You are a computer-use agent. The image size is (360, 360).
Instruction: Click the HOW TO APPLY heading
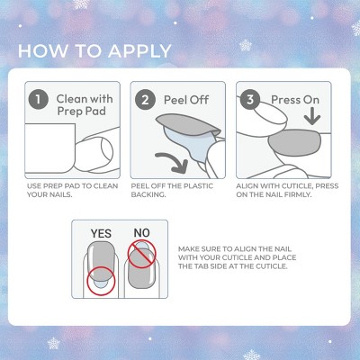click(x=94, y=51)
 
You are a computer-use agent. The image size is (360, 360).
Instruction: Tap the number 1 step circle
click(x=38, y=99)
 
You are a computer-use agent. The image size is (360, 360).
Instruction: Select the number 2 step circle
click(x=145, y=100)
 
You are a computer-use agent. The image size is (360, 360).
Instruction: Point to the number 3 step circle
click(x=250, y=100)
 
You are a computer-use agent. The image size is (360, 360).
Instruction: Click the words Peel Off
click(x=186, y=100)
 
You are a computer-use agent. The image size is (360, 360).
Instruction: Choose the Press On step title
click(x=295, y=100)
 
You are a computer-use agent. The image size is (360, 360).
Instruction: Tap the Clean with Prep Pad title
click(x=85, y=105)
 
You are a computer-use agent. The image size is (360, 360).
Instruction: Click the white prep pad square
click(x=49, y=148)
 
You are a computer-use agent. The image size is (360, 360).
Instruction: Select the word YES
click(x=101, y=233)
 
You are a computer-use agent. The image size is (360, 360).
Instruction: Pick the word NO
click(x=141, y=233)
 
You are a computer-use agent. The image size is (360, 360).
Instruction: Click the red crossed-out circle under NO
click(x=141, y=255)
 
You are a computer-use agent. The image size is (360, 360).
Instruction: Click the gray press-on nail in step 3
click(x=295, y=143)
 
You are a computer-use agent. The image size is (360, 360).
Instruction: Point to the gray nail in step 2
click(x=187, y=125)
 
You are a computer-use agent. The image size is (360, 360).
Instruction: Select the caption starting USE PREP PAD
click(x=72, y=190)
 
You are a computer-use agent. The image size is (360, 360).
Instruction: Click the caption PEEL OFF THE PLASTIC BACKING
click(x=172, y=190)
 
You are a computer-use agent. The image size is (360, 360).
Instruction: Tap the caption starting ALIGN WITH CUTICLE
click(x=287, y=190)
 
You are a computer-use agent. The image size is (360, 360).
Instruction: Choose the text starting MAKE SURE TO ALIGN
click(x=237, y=257)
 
